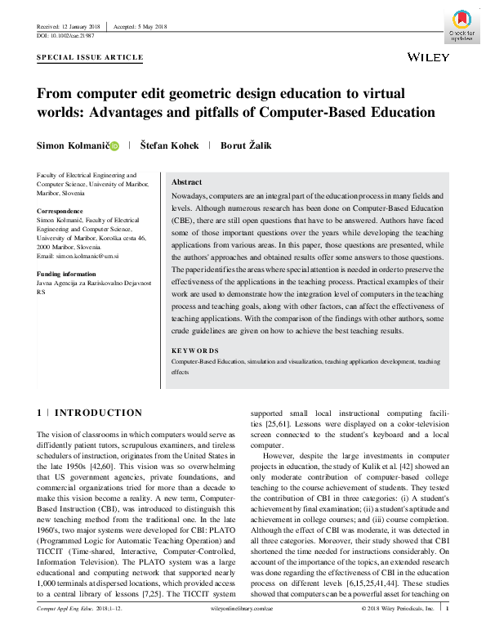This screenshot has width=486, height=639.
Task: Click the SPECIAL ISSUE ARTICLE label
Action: pyautogui.click(x=91, y=58)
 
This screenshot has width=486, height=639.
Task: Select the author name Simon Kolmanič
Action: pyautogui.click(x=73, y=145)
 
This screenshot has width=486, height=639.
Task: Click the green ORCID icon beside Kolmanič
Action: pyautogui.click(x=114, y=146)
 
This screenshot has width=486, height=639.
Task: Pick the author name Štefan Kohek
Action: pyautogui.click(x=169, y=145)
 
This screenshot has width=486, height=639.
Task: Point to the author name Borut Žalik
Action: pyautogui.click(x=252, y=145)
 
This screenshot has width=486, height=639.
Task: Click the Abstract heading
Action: pyautogui.click(x=188, y=182)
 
